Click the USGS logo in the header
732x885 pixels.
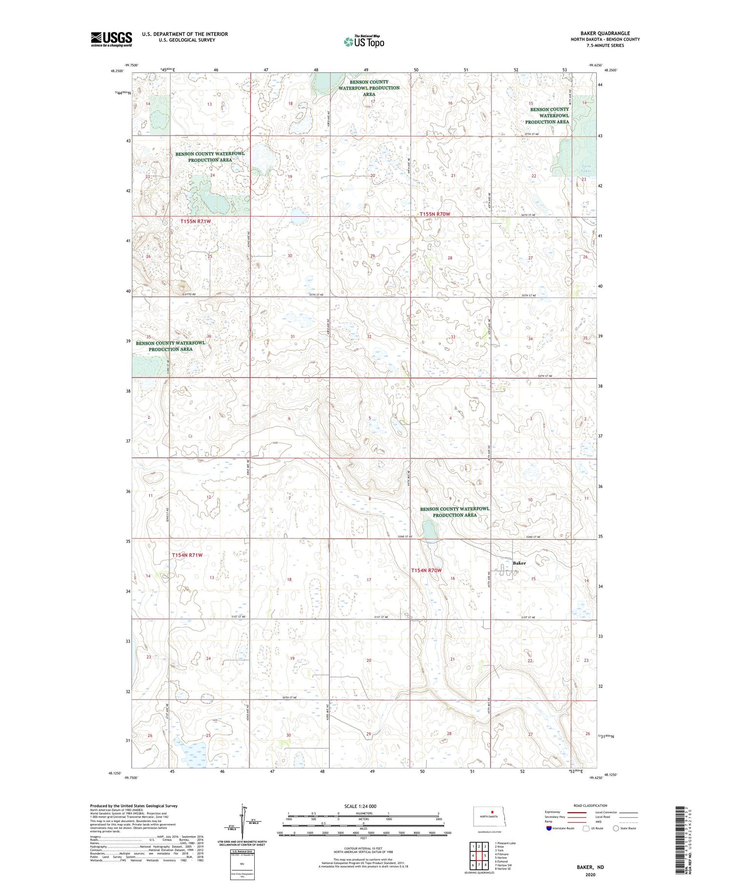[x=111, y=39]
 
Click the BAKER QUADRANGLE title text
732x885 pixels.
[x=605, y=33]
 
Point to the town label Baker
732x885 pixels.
[x=519, y=563]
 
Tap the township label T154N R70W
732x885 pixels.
[x=427, y=570]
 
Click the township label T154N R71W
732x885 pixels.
[x=187, y=555]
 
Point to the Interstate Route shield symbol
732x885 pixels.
[x=549, y=828]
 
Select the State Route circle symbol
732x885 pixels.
[x=616, y=828]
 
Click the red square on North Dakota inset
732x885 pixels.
[x=492, y=813]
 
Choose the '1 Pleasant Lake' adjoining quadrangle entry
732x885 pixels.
[x=505, y=843]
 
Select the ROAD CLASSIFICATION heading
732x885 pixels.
[x=590, y=806]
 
